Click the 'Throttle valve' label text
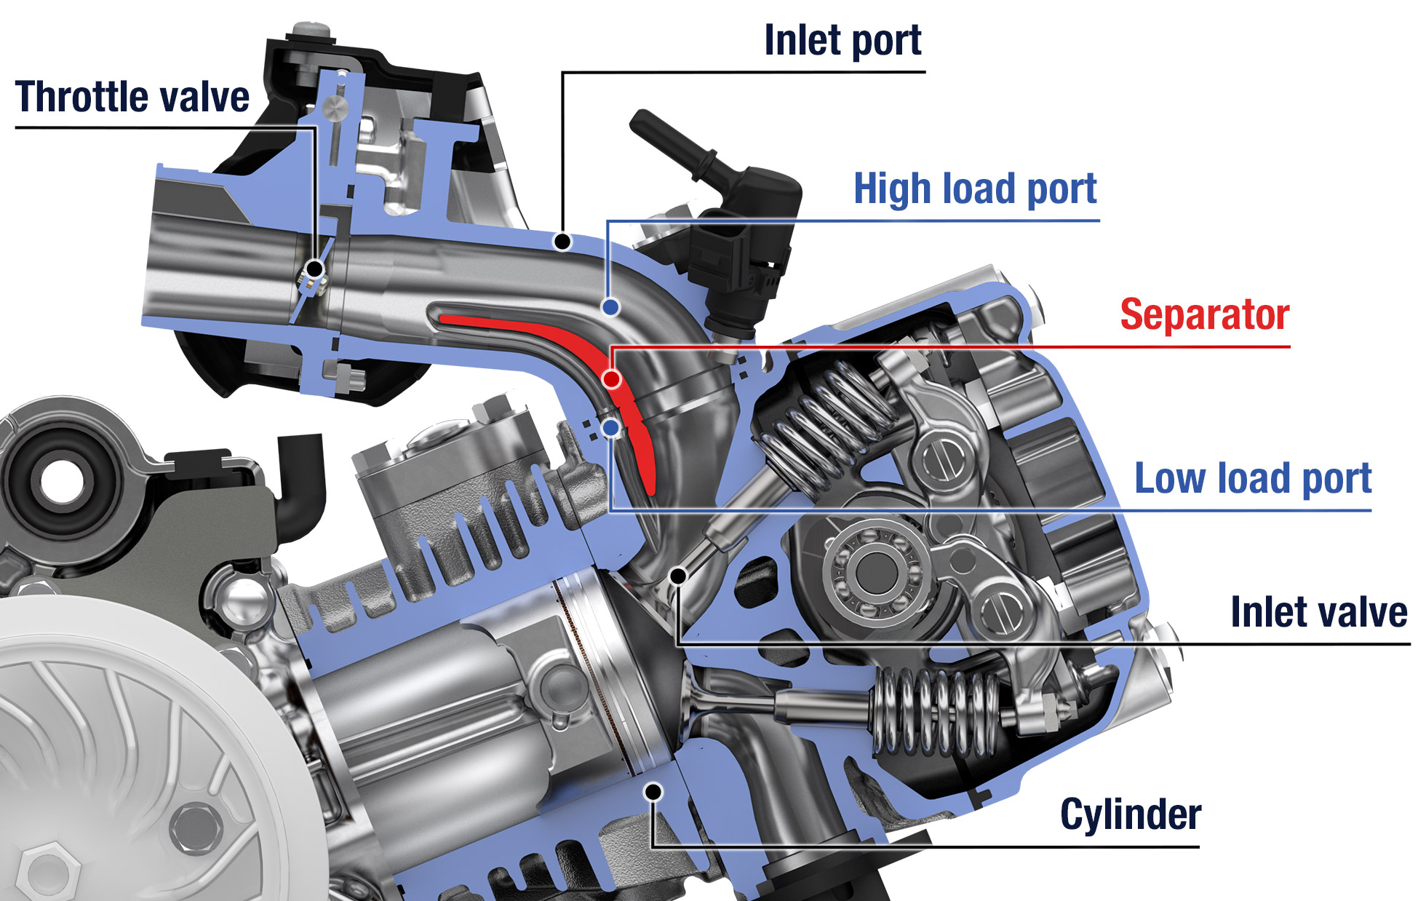(132, 98)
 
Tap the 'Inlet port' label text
(843, 41)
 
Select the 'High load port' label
(974, 189)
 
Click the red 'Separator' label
(1204, 315)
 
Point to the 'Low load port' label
(1252, 479)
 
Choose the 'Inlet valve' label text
(1318, 612)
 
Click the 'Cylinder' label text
(1130, 814)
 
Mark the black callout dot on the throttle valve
(314, 269)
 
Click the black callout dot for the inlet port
(562, 241)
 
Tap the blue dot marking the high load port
(611, 307)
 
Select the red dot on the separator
(612, 378)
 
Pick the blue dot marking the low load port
(612, 428)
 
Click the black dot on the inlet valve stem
(678, 576)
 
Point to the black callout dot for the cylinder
(653, 791)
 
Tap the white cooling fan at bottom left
(109, 771)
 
